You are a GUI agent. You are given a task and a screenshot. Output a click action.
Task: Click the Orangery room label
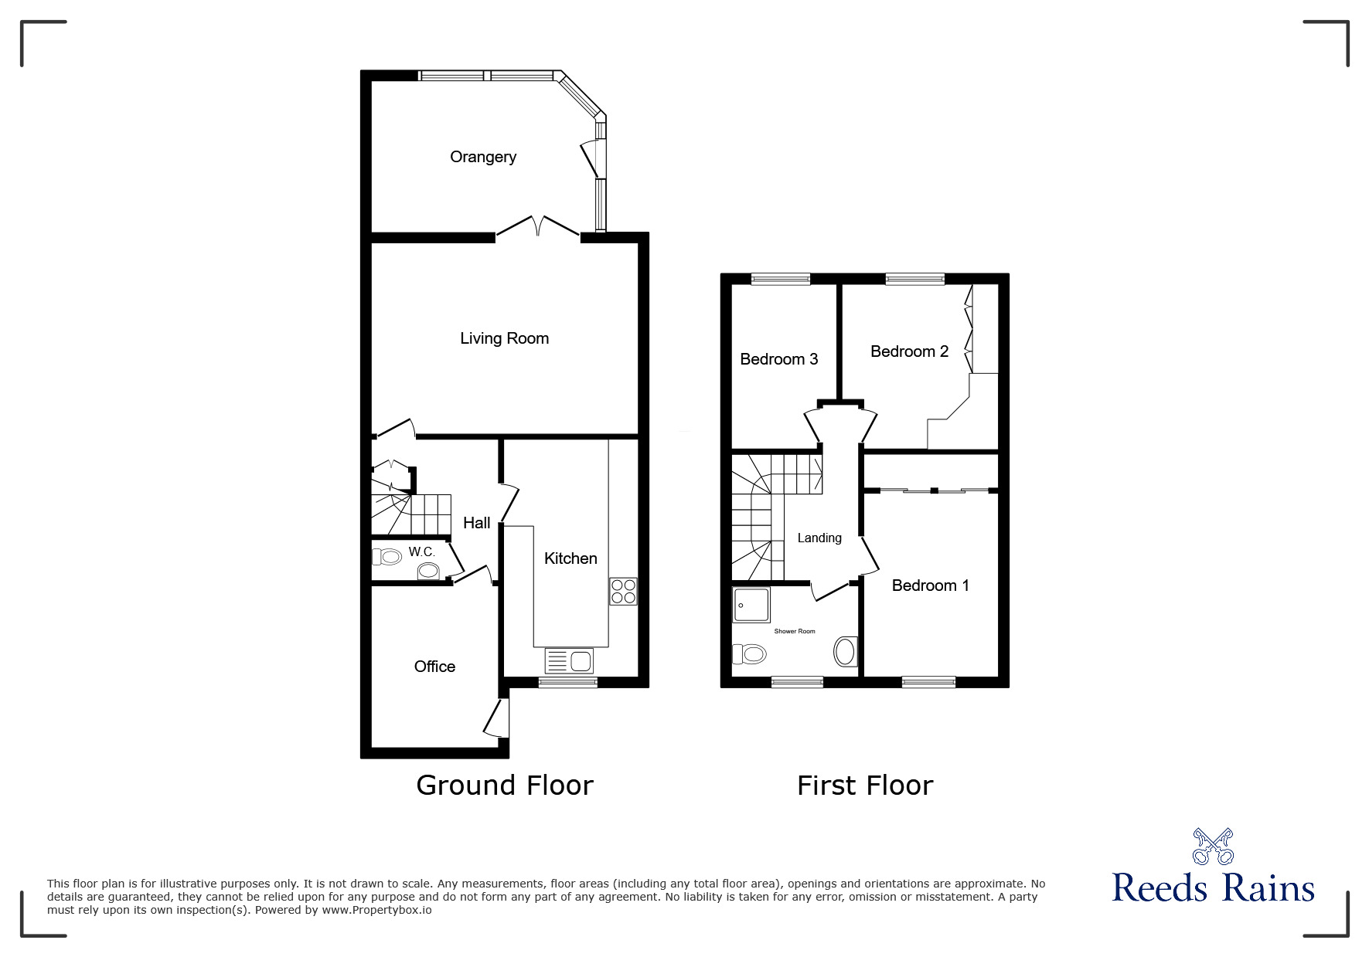pyautogui.click(x=483, y=158)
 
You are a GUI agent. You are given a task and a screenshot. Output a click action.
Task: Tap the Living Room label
pyautogui.click(x=504, y=338)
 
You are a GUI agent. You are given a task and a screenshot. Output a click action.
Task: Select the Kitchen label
pyautogui.click(x=570, y=558)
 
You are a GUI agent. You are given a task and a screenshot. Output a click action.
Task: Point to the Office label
pyautogui.click(x=434, y=667)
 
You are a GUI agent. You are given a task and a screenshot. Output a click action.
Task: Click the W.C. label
pyautogui.click(x=422, y=552)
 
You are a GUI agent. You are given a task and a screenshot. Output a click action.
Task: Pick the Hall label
pyautogui.click(x=476, y=523)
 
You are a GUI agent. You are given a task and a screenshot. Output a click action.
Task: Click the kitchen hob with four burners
pyautogui.click(x=623, y=592)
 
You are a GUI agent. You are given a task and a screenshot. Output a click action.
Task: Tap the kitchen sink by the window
pyautogui.click(x=569, y=661)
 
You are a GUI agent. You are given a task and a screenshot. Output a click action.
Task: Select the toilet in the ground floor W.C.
pyautogui.click(x=386, y=557)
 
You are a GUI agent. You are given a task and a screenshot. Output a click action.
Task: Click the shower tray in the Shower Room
pyautogui.click(x=751, y=605)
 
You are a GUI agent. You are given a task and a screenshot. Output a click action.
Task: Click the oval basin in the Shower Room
pyautogui.click(x=846, y=651)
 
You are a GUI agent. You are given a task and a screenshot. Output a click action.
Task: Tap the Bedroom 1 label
pyautogui.click(x=930, y=585)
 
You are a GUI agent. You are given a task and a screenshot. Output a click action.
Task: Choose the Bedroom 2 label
pyautogui.click(x=909, y=351)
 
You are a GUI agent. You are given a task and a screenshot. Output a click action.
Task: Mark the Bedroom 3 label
pyautogui.click(x=778, y=359)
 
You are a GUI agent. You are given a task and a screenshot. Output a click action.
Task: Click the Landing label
pyautogui.click(x=819, y=538)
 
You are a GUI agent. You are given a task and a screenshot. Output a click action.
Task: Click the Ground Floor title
pyautogui.click(x=505, y=786)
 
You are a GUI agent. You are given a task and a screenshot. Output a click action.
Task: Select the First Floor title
pyautogui.click(x=865, y=786)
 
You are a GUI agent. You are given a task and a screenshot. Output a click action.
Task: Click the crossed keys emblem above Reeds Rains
pyautogui.click(x=1213, y=847)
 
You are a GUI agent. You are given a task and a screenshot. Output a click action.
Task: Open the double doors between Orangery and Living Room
pyautogui.click(x=538, y=226)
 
